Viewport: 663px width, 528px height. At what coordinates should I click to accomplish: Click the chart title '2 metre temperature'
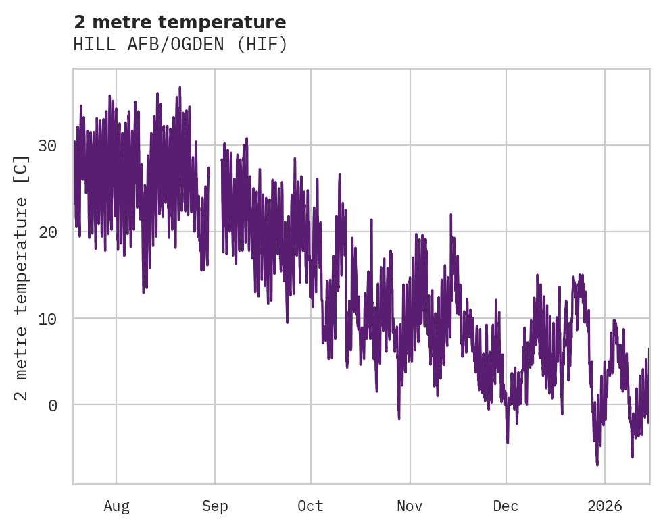point(180,22)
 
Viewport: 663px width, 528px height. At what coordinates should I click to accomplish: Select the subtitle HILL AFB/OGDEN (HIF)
point(180,45)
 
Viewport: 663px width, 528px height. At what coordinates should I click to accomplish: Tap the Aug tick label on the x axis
point(116,506)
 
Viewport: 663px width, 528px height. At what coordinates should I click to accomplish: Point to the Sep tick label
point(215,506)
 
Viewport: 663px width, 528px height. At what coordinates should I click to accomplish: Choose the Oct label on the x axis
point(311,506)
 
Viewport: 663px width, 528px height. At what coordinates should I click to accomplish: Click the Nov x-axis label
point(410,506)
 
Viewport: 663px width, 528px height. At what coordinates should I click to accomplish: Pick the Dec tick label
point(506,506)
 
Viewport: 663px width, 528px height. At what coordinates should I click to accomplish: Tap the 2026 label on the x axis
point(605,506)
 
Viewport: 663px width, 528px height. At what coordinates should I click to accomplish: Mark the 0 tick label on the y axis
point(52,405)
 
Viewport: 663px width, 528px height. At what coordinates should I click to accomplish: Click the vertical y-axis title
point(22,277)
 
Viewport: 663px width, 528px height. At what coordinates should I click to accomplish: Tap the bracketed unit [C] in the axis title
point(22,168)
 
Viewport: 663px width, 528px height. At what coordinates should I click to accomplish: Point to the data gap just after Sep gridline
point(215,203)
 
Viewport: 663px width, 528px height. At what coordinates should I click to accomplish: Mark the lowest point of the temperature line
point(597,465)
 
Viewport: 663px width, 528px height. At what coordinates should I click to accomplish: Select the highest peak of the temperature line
point(180,88)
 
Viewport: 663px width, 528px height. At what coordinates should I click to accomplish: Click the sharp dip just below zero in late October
point(399,418)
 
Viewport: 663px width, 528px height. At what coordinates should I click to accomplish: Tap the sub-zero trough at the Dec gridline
point(507,442)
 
